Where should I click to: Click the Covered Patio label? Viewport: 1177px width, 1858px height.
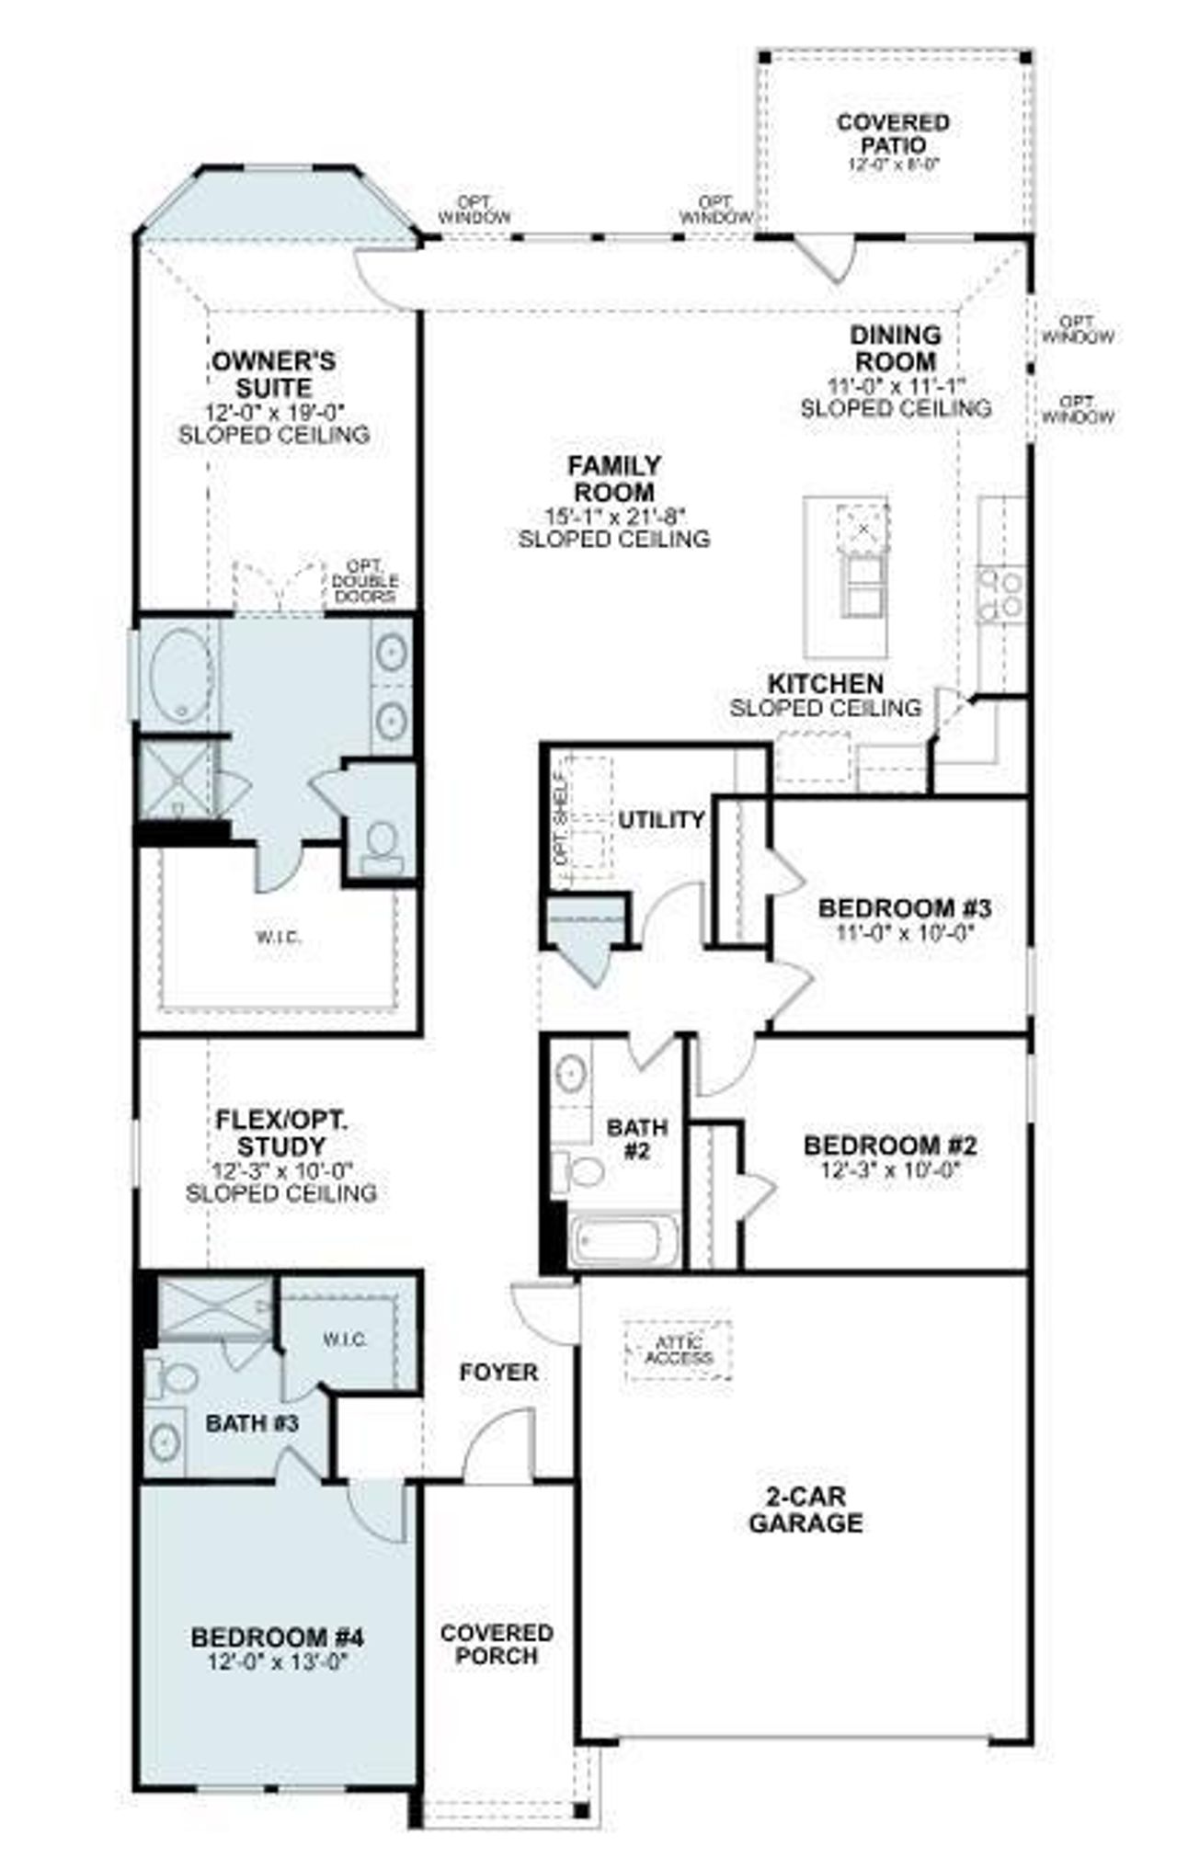click(x=879, y=133)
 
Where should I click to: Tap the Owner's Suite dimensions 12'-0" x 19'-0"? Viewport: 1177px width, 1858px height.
click(x=273, y=412)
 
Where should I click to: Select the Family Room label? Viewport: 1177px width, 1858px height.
click(x=613, y=478)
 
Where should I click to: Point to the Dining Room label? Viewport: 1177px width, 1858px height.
click(x=895, y=348)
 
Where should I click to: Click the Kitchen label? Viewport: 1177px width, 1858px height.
click(x=825, y=684)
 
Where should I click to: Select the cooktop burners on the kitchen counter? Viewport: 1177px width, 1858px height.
click(x=1000, y=594)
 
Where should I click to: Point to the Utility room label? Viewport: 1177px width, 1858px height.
click(x=660, y=819)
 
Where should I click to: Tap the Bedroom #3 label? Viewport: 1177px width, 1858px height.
click(x=904, y=908)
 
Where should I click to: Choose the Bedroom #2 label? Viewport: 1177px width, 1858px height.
click(x=889, y=1146)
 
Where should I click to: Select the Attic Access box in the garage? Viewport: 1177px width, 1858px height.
click(x=678, y=1351)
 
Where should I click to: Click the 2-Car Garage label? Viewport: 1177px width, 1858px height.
click(x=805, y=1510)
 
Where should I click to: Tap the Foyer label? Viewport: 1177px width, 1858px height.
click(x=498, y=1372)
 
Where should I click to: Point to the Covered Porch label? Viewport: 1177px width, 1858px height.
click(x=496, y=1644)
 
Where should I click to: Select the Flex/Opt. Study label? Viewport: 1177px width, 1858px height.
click(x=280, y=1133)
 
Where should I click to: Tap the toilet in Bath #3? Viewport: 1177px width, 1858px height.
click(x=174, y=1378)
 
